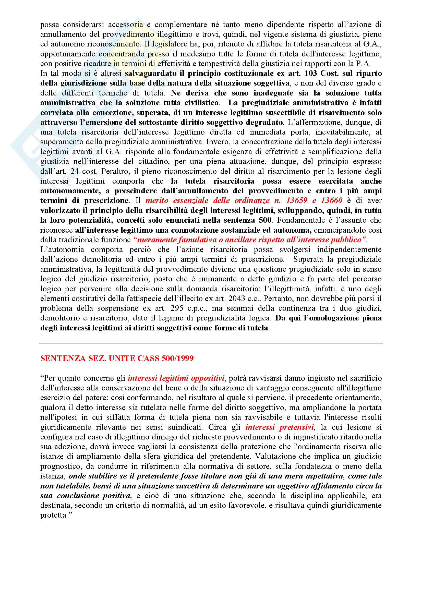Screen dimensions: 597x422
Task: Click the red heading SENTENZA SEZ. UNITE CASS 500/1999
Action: [117, 359]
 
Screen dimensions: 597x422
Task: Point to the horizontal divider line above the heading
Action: [211, 343]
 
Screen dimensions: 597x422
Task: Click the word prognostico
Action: [60, 467]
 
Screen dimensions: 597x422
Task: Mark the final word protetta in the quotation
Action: [53, 515]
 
